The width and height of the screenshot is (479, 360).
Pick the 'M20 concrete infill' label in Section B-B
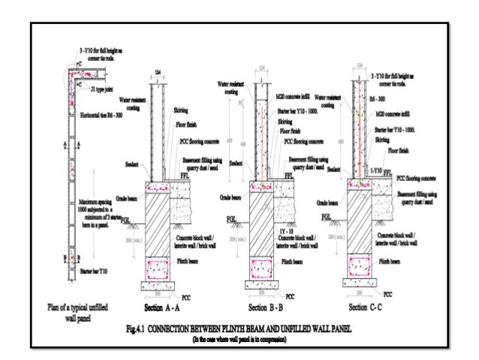click(292, 97)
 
